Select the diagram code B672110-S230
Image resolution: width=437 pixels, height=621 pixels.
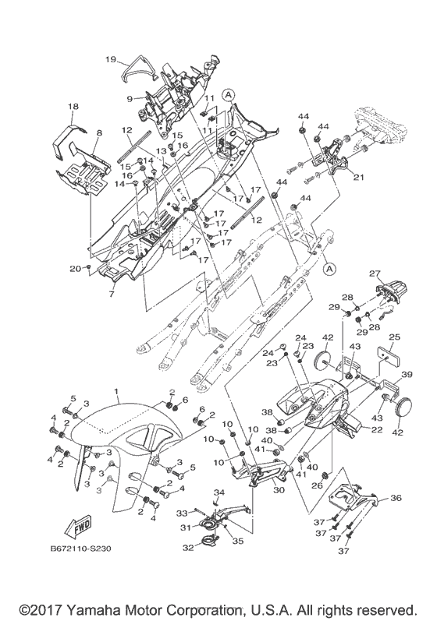[x=80, y=549]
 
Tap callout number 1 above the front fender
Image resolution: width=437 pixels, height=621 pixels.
[x=116, y=391]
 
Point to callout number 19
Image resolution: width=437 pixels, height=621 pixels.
[x=111, y=59]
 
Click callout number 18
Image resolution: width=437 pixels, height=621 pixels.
[x=73, y=106]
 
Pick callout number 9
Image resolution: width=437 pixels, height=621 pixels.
[x=130, y=99]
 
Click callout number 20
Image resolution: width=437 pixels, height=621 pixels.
[x=75, y=269]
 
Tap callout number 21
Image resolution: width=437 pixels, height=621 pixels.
[x=358, y=178]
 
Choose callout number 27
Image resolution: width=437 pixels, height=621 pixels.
[x=375, y=273]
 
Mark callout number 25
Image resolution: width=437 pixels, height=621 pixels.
[x=395, y=337]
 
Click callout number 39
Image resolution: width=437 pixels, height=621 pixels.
[x=407, y=374]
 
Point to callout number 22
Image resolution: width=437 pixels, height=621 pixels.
[x=378, y=429]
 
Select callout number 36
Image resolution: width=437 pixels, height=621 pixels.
[x=396, y=498]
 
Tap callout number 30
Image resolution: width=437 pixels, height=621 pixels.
[x=279, y=490]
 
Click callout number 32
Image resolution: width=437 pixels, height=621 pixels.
[x=188, y=548]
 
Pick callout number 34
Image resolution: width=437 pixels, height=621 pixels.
[x=219, y=492]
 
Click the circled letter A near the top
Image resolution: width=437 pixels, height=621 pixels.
[x=228, y=94]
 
